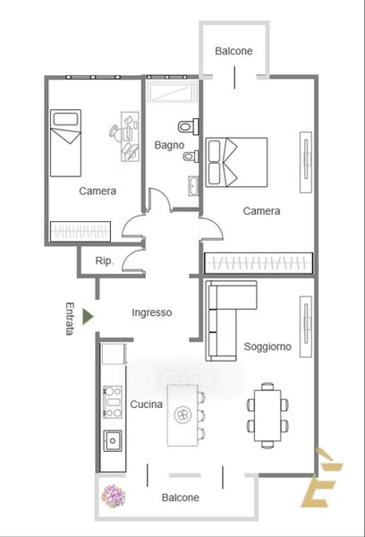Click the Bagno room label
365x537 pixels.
169,145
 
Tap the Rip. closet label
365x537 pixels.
104,261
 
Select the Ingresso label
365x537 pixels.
152,312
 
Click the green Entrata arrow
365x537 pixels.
88,317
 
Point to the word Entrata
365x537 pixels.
70,319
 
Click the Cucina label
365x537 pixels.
146,405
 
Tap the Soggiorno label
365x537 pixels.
267,346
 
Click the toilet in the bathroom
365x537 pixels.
189,127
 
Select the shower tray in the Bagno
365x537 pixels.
172,91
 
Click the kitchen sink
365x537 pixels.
113,441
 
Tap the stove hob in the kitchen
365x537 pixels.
113,402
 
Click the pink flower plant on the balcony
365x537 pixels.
114,496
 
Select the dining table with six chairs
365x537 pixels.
267,415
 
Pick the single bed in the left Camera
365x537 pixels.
65,143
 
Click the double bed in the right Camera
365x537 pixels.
236,162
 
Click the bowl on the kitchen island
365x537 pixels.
181,415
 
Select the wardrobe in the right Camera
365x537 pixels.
259,263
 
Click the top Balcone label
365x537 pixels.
233,51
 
